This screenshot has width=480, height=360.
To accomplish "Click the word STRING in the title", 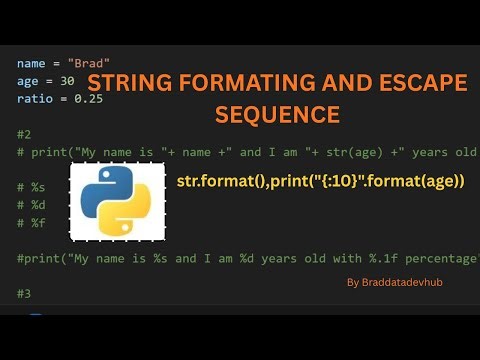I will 127,82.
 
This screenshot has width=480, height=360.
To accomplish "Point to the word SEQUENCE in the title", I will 277,114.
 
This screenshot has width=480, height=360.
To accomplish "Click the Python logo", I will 117,202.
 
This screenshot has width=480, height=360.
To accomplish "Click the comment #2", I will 24,134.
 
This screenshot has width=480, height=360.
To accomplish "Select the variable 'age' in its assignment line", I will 28,81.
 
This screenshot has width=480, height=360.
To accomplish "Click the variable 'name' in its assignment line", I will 32,63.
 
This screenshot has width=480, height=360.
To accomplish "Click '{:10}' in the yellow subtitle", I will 345,181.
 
